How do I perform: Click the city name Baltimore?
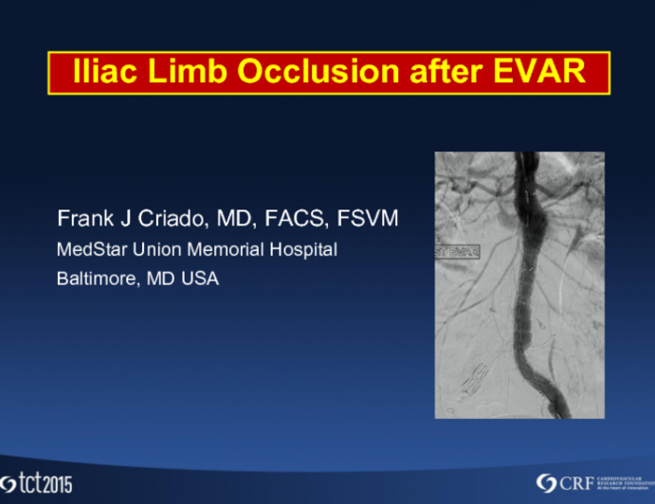[97, 279]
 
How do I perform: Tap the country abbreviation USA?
[199, 279]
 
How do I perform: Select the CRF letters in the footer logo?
[575, 482]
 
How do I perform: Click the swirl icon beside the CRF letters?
[545, 482]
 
